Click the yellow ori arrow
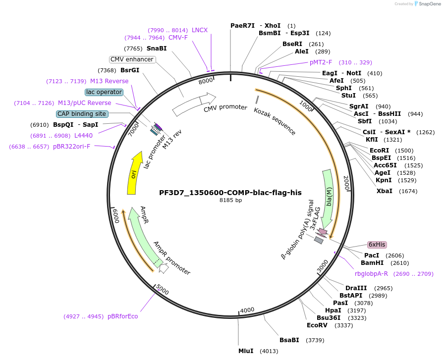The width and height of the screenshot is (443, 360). click(133, 174)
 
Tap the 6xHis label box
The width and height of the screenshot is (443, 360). click(377, 245)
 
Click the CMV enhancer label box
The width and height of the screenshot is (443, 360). click(132, 59)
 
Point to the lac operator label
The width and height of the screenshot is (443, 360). click(104, 92)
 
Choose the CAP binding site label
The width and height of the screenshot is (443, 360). click(82, 114)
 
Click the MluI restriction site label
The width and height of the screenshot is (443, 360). click(246, 351)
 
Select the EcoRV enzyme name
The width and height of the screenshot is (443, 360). click(317, 325)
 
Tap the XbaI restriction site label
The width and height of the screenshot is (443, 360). click(384, 191)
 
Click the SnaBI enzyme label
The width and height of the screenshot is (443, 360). click(157, 49)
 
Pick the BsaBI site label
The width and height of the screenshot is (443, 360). click(289, 340)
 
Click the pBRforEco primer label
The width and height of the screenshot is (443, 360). click(123, 316)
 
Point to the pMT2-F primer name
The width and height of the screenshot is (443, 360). click(321, 62)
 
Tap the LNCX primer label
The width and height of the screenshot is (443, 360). click(200, 30)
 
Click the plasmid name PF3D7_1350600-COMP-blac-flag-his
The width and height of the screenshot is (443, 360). click(230, 193)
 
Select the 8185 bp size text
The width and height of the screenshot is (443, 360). click(230, 201)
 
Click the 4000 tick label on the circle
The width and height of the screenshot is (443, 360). click(247, 310)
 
